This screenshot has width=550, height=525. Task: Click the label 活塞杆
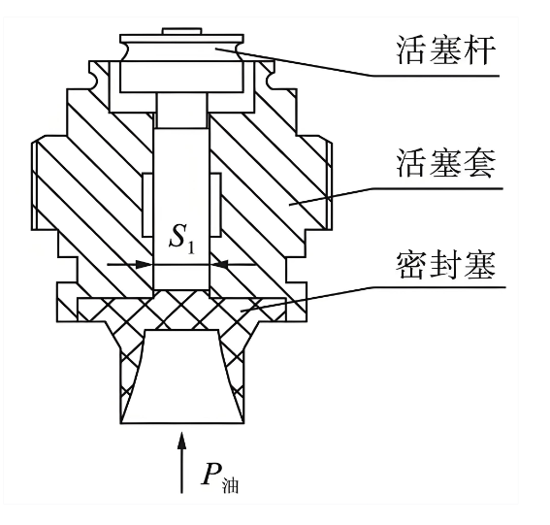(446, 49)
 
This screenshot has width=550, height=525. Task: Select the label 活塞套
(446, 163)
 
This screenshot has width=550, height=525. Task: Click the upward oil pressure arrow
(181, 463)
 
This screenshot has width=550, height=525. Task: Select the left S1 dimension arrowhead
(145, 264)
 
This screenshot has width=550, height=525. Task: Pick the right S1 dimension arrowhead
(218, 264)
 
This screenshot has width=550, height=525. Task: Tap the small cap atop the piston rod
(181, 31)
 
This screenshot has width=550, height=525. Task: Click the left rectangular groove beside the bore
(148, 205)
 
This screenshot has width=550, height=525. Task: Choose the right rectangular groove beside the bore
(215, 205)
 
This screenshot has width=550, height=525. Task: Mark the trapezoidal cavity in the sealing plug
(181, 377)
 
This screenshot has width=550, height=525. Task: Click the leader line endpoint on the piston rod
(216, 49)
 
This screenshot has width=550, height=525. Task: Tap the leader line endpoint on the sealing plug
(242, 311)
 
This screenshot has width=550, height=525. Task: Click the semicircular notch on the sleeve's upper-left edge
(95, 80)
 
